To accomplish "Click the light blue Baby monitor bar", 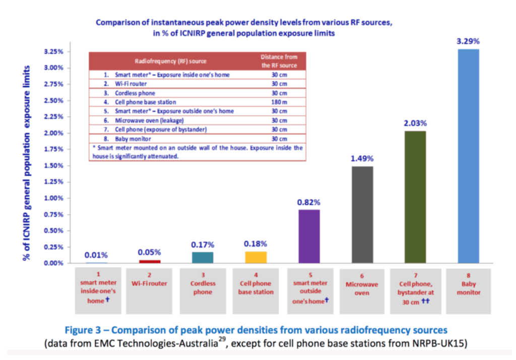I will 468,156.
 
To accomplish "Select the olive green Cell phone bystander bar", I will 415,197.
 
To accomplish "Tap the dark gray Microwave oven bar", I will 362,214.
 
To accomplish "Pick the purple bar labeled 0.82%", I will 309,236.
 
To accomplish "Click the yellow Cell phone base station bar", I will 255,257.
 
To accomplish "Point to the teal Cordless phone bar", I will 203,257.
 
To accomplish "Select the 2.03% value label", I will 415,123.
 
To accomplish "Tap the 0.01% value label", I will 96,255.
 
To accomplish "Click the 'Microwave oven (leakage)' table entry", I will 137,120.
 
